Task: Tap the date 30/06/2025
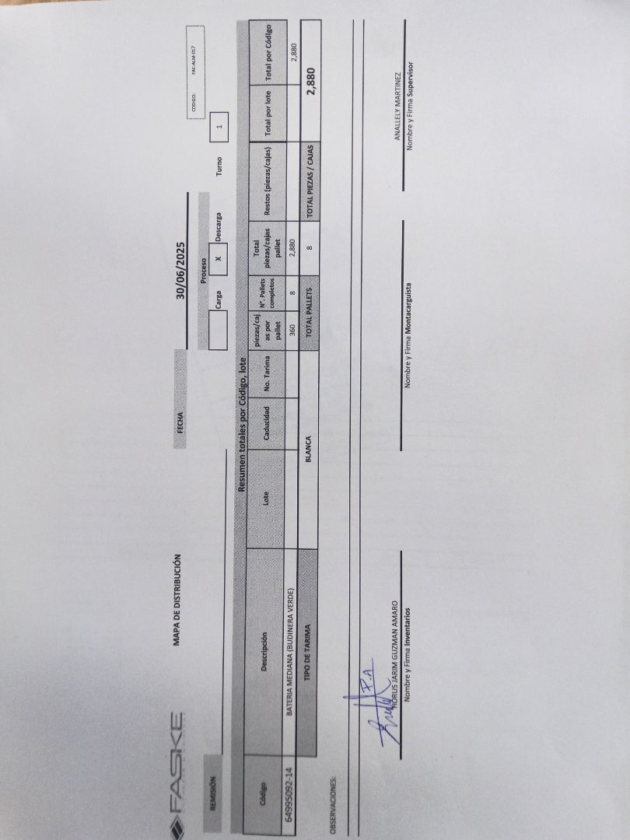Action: [x=180, y=271]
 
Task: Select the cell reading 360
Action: [x=292, y=329]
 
